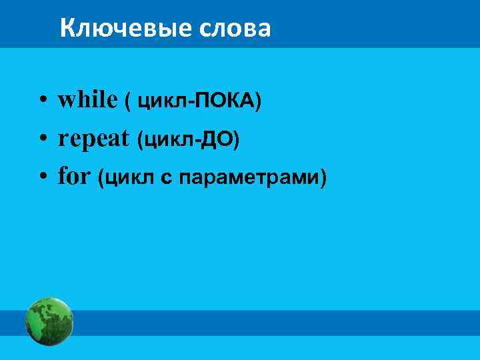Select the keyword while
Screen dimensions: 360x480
pos(87,99)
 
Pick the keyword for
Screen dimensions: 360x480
pos(73,177)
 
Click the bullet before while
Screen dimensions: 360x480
pos(41,101)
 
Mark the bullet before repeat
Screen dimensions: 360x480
pos(41,140)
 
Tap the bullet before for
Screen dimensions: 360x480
pos(41,179)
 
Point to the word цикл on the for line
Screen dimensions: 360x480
pos(127,179)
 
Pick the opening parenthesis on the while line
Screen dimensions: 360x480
pos(127,101)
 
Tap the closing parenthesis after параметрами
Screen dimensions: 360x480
pos(324,179)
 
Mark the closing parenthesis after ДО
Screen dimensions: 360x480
pos(237,140)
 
